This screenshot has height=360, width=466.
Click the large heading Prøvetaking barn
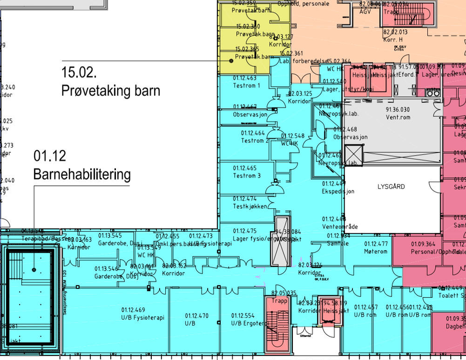point(111,91)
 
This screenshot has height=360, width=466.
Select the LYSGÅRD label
point(391,186)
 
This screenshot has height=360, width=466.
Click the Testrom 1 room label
point(246,86)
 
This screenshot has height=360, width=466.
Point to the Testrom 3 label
point(246,176)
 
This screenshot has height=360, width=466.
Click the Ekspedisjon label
point(338,191)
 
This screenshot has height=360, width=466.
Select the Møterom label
point(376,251)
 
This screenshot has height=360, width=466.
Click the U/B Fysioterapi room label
point(143,317)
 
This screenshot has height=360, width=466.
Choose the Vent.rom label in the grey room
point(398,117)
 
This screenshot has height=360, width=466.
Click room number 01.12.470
point(197,316)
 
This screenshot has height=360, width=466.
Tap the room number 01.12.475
point(245,231)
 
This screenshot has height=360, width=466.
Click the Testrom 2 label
point(246,141)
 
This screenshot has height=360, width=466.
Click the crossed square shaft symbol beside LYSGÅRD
point(354,153)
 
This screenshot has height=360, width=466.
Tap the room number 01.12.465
point(245,168)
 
